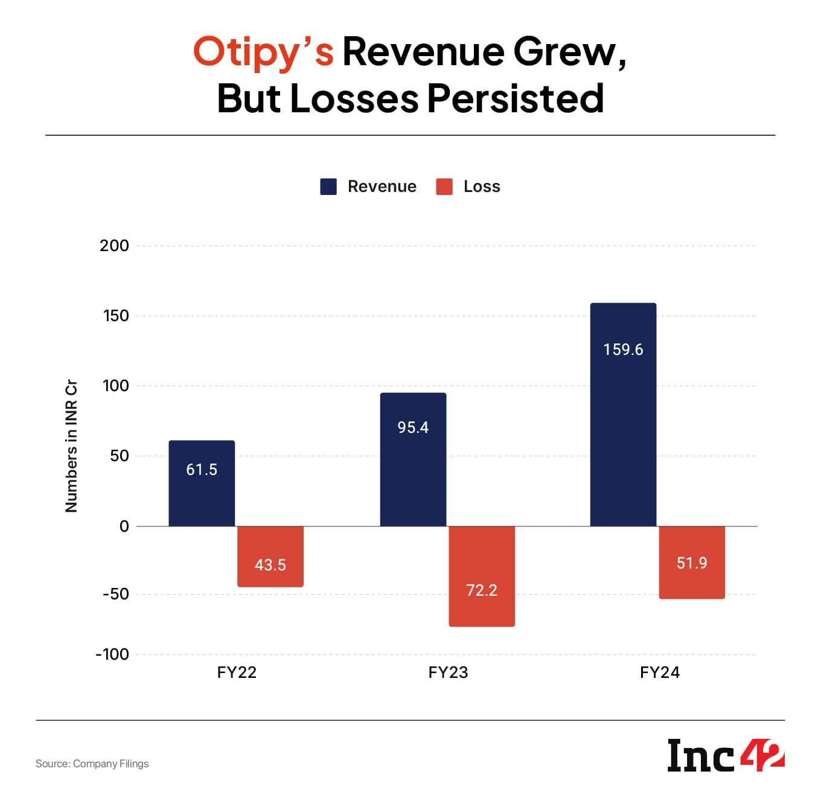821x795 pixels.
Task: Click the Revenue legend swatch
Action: point(328,187)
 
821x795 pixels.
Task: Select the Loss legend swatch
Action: point(444,187)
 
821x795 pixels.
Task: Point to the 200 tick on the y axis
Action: point(115,246)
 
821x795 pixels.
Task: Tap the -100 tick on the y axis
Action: point(113,654)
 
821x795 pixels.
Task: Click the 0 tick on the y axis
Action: point(124,526)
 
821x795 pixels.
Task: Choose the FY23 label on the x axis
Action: point(448,672)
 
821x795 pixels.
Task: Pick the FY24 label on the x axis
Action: point(660,672)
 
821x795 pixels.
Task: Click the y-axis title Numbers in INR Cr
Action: point(71,446)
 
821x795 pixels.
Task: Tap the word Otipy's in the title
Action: point(263,52)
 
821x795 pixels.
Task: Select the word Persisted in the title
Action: point(516,98)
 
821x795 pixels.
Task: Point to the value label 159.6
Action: point(623,350)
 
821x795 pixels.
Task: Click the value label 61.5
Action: point(202,470)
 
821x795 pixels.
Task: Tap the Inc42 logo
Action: point(726,755)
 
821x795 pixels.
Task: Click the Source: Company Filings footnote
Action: point(92,764)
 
